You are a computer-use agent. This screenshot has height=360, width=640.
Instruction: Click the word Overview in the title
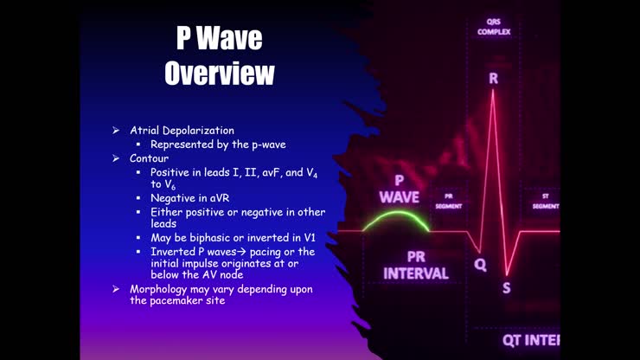pos(220,73)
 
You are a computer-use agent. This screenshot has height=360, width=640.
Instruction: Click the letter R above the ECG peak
pos(493,78)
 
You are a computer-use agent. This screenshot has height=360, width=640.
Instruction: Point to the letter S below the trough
pos(507,287)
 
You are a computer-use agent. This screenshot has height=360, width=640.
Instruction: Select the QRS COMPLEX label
pos(494,27)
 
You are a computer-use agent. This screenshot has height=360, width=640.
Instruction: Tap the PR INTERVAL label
pos(416,265)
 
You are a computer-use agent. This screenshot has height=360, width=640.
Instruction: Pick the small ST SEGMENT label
pos(545,201)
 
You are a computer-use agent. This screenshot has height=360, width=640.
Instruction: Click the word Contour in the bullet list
pos(150,158)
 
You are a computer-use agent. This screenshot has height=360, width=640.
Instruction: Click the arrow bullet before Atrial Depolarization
pos(115,130)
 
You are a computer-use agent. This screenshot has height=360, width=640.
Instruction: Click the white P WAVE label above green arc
pos(399,189)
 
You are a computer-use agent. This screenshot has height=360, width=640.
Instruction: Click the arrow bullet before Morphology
pos(115,287)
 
